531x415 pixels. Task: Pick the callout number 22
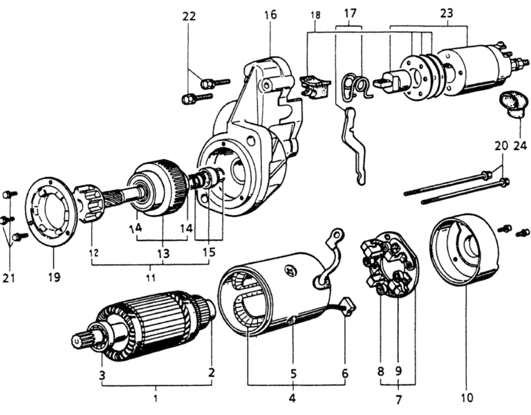pos(188,16)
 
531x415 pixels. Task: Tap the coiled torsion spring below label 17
pos(356,87)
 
